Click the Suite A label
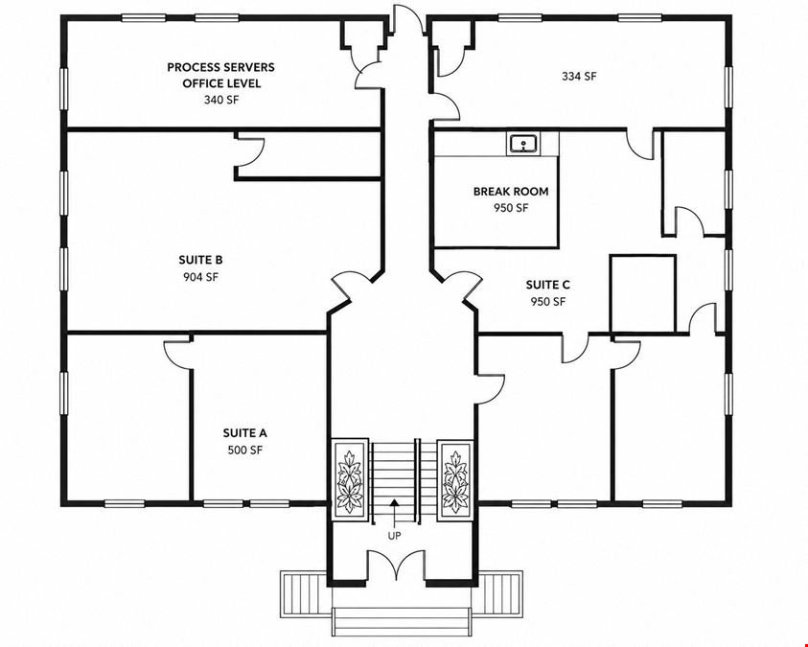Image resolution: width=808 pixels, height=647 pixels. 244,433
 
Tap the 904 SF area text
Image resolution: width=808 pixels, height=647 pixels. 200,277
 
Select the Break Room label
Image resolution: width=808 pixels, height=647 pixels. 511,192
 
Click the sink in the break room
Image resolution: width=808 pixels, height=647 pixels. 523,143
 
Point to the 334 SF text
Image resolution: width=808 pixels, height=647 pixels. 579,77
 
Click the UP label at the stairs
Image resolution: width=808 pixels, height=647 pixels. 394,536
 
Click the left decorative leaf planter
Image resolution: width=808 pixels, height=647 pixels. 350,479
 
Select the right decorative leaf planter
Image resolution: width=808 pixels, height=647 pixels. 455,479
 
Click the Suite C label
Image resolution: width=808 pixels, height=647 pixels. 547,285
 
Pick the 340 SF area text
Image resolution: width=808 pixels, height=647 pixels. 221,100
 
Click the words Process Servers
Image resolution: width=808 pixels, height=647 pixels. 220,67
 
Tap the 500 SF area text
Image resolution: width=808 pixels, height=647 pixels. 244,451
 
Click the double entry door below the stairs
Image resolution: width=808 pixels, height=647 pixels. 395,565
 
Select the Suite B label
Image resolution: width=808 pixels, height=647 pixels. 200,260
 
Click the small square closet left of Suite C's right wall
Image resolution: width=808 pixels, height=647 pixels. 642,293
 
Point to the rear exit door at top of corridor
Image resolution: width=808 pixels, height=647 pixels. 407,18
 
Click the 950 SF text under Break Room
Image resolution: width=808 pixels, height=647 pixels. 511,209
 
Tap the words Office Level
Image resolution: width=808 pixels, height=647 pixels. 221,83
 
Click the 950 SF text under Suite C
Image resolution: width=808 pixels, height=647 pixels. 547,302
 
